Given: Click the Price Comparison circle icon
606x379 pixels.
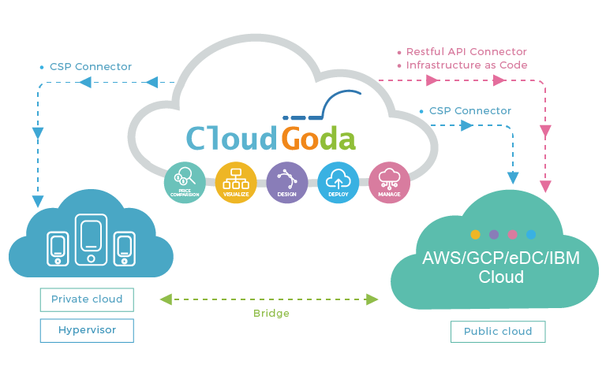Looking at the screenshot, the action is click(185, 183).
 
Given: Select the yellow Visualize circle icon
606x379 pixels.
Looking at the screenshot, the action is click(236, 183).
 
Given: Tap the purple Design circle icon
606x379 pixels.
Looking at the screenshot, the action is click(286, 183).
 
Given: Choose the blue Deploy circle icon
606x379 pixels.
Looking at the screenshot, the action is click(339, 183).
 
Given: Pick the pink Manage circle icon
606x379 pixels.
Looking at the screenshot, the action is click(389, 183).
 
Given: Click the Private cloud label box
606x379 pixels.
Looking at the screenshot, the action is click(87, 299).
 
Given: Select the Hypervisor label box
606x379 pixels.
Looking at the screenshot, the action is click(87, 330).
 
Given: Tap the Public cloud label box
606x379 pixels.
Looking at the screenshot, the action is click(498, 332).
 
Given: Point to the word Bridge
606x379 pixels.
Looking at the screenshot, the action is click(271, 313).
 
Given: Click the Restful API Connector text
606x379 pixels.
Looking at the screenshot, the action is click(466, 52).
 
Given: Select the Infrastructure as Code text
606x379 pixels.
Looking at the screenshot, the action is click(466, 65).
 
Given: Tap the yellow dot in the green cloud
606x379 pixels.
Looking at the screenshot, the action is click(475, 234).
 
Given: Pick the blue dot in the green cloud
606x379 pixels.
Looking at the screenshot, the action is click(531, 234).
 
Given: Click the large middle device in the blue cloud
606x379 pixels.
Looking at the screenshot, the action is click(92, 240).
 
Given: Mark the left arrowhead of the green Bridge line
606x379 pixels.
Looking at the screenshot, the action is click(166, 299).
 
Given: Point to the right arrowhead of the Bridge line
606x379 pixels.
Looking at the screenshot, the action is click(372, 299).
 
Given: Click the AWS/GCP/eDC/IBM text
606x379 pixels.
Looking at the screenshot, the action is click(501, 258).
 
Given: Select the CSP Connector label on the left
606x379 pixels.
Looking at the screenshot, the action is click(91, 67).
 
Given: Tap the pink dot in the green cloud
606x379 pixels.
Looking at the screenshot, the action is click(512, 234).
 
